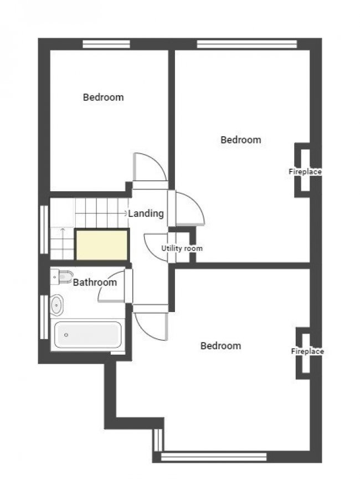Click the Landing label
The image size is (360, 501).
click(146, 213)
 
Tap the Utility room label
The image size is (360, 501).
click(182, 248)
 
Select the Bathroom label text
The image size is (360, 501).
click(95, 282)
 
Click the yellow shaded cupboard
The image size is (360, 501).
click(101, 245)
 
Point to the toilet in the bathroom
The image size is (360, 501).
click(62, 277)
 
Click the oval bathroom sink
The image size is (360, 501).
click(56, 305)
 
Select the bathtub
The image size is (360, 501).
click(88, 335)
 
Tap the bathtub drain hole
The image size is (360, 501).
click(66, 335)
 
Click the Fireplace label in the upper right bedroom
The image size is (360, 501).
click(305, 172)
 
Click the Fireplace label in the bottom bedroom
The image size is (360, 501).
click(307, 351)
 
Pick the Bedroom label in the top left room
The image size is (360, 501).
click(103, 97)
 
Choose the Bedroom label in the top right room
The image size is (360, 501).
click(241, 140)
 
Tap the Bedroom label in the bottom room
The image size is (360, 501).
click(221, 346)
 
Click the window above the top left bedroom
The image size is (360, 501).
click(106, 44)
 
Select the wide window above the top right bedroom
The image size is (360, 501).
click(247, 44)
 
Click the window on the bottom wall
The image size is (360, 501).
click(214, 457)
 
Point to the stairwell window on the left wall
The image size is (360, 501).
click(44, 229)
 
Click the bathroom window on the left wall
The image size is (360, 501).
click(44, 316)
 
